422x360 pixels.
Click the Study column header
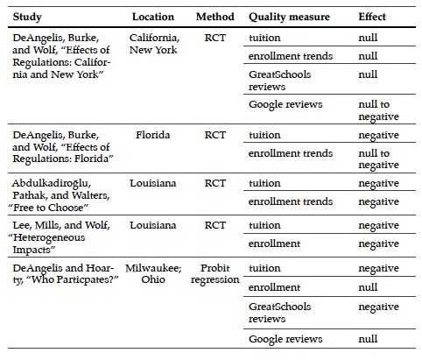(27, 17)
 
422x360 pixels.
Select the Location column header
(153, 17)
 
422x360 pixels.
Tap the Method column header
(215, 17)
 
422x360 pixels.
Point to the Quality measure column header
(289, 17)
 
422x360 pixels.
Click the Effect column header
(372, 17)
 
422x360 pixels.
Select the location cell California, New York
(154, 44)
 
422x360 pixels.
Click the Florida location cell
(153, 135)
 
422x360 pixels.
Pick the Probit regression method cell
(215, 274)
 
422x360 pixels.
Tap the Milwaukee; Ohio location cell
(153, 274)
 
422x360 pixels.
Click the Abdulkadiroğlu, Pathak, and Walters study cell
(60, 195)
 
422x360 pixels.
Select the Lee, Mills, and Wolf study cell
(60, 237)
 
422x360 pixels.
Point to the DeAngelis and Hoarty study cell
(66, 274)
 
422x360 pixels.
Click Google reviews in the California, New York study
(285, 104)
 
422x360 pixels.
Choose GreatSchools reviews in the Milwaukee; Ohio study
(279, 313)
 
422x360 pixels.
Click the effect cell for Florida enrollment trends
(378, 159)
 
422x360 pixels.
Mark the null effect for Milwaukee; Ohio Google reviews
(368, 339)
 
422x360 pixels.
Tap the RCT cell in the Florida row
(215, 135)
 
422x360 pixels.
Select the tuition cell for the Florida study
(264, 135)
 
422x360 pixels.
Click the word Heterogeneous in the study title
(49, 237)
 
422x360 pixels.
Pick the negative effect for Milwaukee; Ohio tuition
(378, 269)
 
